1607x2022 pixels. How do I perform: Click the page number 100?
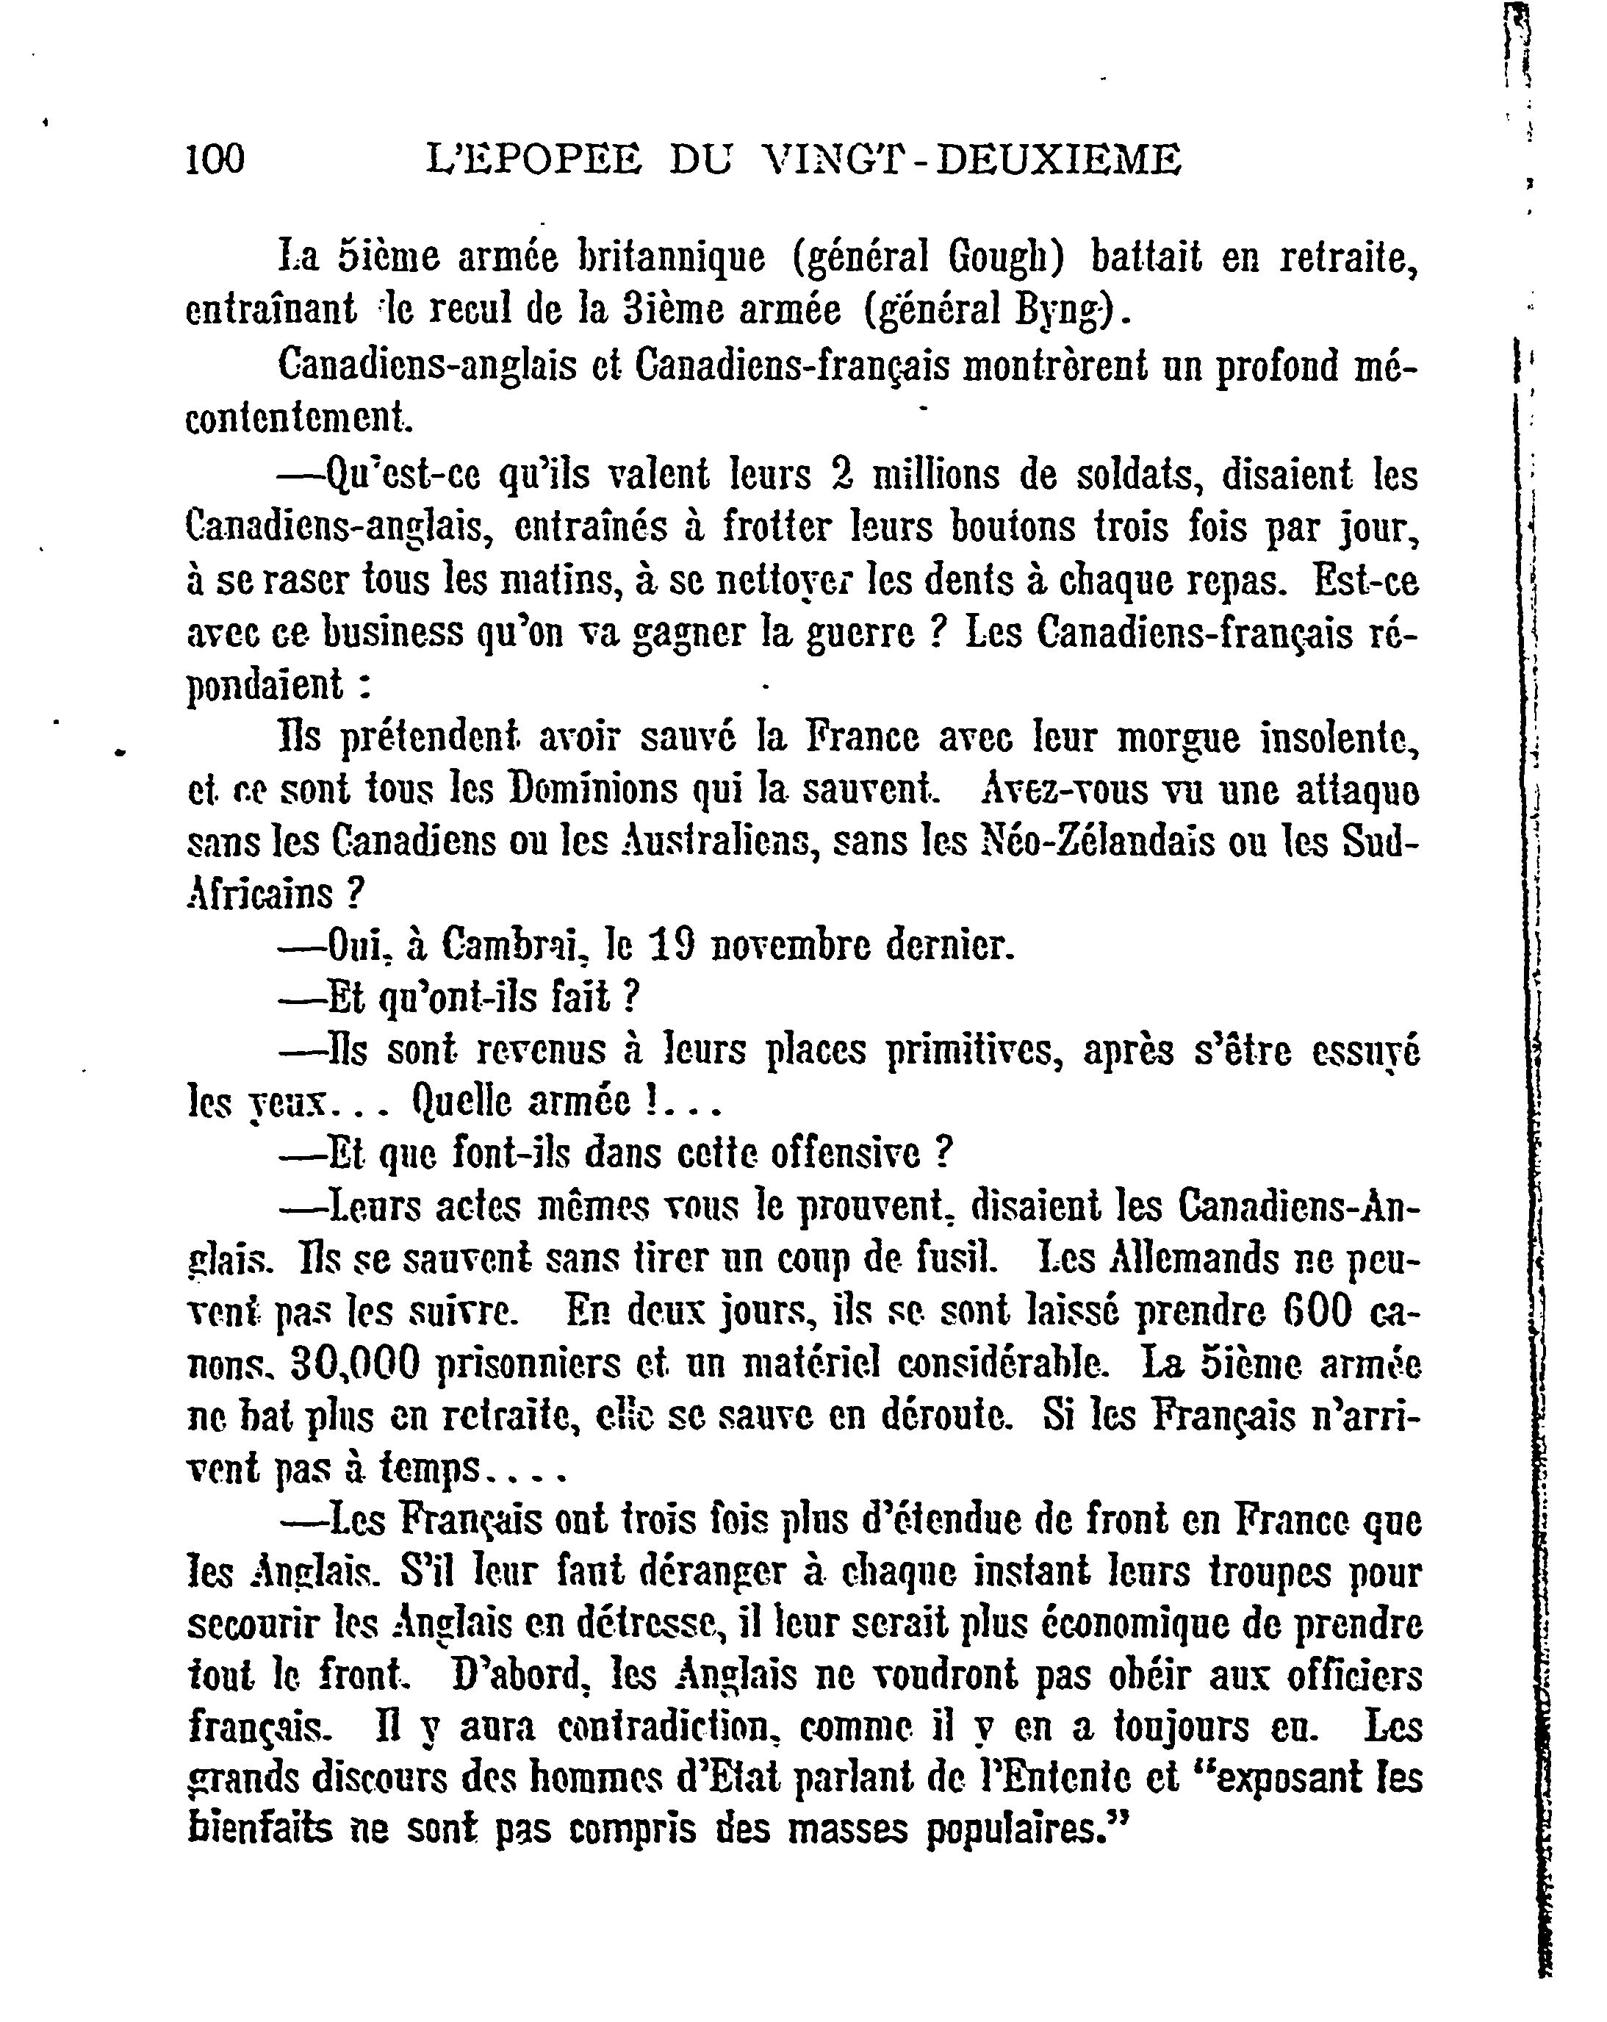point(215,159)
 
